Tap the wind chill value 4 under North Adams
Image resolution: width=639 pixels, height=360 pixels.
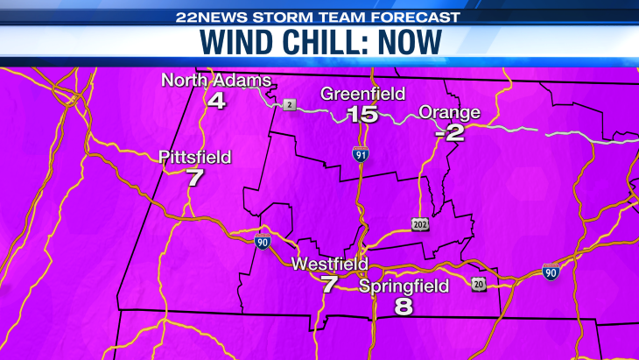point(216,100)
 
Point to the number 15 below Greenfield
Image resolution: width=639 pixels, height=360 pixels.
point(362,114)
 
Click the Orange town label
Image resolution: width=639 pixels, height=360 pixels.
point(450,112)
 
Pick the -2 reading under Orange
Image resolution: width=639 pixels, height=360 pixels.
point(450,132)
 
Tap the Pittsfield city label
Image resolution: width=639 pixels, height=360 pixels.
point(195,158)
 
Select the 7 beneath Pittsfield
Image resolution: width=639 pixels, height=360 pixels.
point(194,178)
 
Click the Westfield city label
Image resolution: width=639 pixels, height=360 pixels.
point(330,264)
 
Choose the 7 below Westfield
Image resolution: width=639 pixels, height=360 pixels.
point(329,284)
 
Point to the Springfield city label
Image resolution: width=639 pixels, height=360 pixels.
point(404,286)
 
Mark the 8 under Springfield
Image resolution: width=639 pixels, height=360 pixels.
point(404,307)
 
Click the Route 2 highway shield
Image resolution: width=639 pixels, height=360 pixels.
point(290,105)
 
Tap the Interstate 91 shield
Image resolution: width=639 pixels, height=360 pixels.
point(361,154)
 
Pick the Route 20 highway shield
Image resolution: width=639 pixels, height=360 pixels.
point(479,285)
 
